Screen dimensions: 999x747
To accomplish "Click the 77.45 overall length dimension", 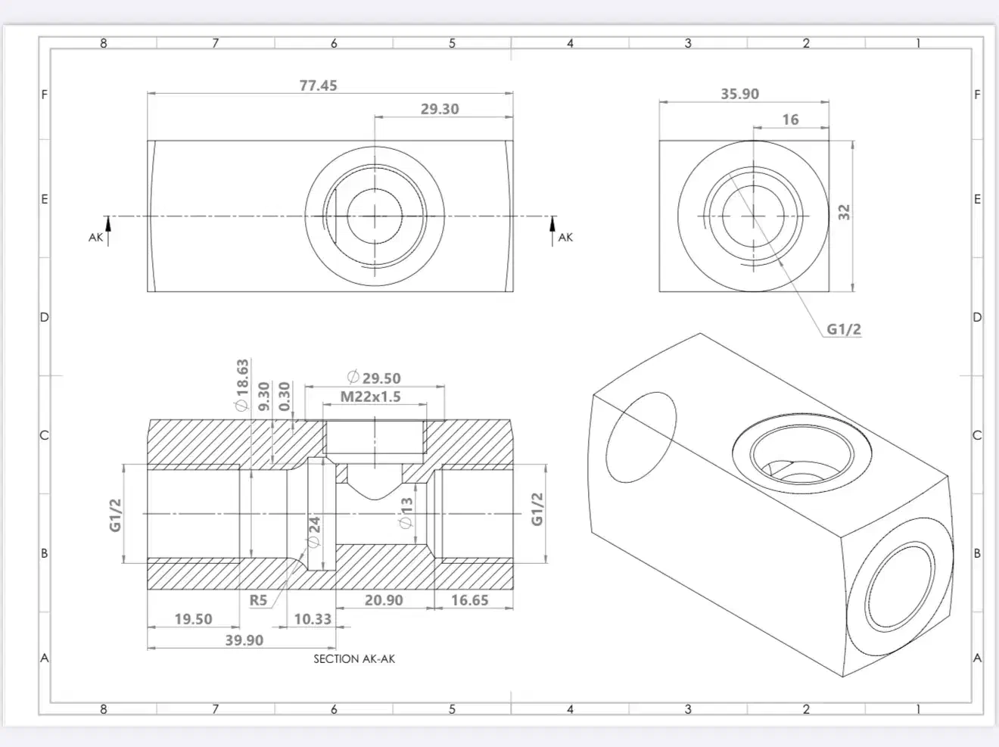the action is click(x=318, y=86).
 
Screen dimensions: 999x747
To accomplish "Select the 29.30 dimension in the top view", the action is click(x=440, y=109).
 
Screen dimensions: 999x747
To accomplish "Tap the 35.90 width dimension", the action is click(x=739, y=94).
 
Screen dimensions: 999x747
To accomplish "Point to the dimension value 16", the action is click(x=790, y=120).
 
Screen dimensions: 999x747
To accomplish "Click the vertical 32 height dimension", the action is click(x=845, y=213).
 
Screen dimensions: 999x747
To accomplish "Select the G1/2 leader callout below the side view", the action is click(x=843, y=329).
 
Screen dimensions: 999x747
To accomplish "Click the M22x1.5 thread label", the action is click(x=370, y=397).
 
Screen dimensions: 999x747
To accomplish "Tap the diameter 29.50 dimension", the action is click(x=373, y=378).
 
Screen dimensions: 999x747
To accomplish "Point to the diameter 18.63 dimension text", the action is click(x=242, y=385).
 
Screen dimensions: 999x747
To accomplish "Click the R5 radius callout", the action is click(x=258, y=600).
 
